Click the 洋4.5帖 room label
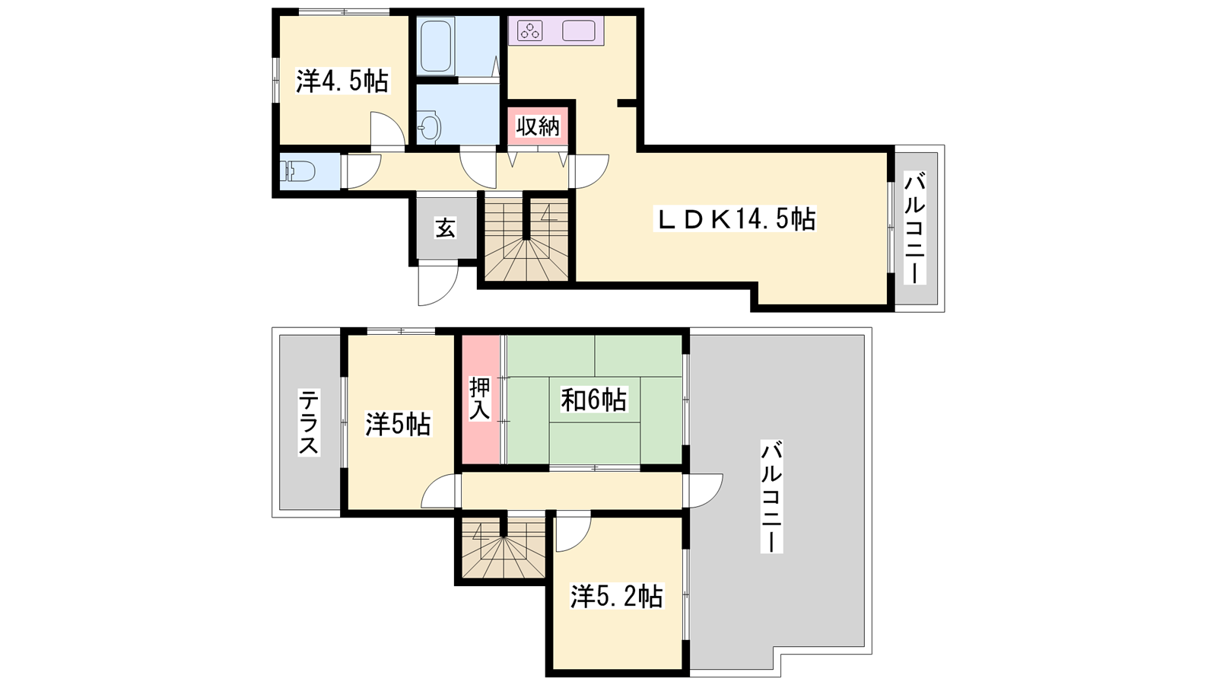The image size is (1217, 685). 342,82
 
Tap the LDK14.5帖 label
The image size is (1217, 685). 736,219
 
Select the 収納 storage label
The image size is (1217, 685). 538,126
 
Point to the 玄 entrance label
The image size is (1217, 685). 445,228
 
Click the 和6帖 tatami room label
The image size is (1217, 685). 593,400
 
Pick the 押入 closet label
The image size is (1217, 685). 480,399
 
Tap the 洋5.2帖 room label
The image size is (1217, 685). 617,597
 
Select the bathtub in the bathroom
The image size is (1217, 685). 437,46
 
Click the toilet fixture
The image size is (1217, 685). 297,171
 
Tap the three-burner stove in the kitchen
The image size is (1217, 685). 529,30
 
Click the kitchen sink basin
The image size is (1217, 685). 579,30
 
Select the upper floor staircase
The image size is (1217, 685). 526,239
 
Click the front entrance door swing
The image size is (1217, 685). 438,284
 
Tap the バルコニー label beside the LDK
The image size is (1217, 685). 915,228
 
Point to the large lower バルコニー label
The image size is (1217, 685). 771,498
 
